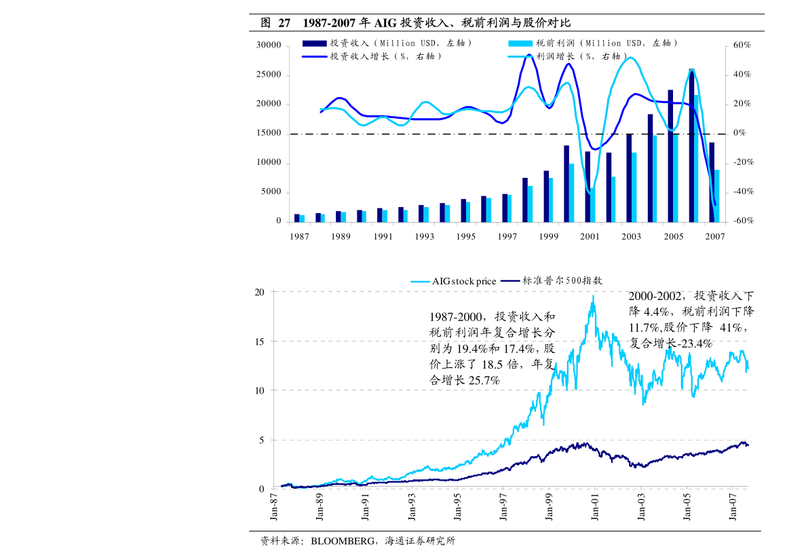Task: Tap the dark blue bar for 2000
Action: (566, 183)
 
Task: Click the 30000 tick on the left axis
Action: (269, 45)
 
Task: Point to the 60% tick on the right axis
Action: (737, 45)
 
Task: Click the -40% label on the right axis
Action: (739, 192)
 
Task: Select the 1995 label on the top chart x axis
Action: (465, 237)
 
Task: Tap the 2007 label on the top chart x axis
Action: (715, 237)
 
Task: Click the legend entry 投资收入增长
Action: (385, 57)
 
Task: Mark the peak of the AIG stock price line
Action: (593, 296)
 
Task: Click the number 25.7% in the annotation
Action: (484, 381)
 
